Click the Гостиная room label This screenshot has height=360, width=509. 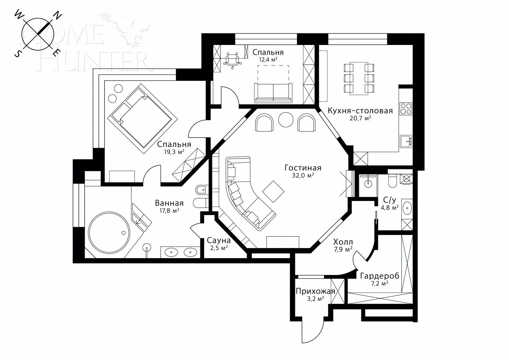[303, 167]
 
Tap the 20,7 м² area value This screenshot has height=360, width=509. [360, 118]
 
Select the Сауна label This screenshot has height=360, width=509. [219, 240]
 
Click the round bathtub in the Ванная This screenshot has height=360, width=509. [108, 233]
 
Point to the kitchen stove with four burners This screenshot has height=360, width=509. [406, 109]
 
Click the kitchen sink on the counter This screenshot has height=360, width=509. [406, 141]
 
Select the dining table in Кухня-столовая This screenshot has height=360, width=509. [359, 78]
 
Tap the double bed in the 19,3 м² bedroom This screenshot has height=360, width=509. [142, 119]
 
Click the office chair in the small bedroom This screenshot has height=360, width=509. [232, 60]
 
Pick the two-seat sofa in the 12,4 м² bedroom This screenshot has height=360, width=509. [273, 92]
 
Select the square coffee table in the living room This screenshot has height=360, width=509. [273, 191]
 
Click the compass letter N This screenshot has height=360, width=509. [58, 15]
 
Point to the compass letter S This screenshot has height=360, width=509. [16, 54]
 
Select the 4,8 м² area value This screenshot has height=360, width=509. [390, 208]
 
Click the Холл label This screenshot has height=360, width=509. [343, 242]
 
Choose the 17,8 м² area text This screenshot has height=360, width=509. [169, 210]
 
